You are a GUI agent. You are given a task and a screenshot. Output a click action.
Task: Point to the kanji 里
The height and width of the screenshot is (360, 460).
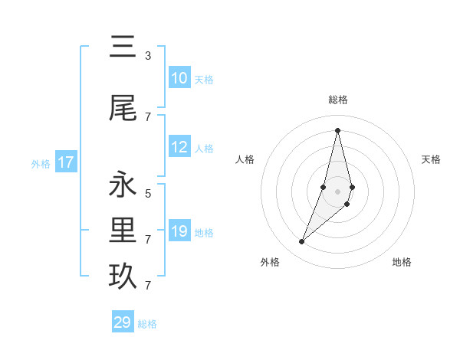(123, 231)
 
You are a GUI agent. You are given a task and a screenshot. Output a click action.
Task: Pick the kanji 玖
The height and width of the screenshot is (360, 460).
(123, 277)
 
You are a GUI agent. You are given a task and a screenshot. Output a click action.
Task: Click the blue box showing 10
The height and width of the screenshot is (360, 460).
(179, 78)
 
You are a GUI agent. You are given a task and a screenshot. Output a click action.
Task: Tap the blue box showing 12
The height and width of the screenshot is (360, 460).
(179, 147)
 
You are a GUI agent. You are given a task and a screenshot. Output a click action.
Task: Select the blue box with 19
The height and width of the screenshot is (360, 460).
(179, 231)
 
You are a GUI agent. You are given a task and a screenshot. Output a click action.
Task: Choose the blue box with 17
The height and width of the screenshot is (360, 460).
(66, 162)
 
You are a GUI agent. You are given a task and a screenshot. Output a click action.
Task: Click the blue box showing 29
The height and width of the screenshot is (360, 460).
(123, 322)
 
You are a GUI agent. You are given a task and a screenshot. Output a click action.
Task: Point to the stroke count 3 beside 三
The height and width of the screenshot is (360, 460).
(148, 56)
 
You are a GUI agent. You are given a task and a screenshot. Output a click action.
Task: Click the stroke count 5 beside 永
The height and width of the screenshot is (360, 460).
(148, 194)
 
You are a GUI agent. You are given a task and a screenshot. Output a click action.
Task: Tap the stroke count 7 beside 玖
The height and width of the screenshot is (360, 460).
(148, 286)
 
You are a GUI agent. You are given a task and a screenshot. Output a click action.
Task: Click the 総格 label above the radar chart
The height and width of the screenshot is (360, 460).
(337, 100)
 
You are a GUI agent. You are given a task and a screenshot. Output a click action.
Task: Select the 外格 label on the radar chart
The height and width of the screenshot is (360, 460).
(270, 263)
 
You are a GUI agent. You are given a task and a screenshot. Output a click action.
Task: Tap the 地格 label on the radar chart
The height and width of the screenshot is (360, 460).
(402, 263)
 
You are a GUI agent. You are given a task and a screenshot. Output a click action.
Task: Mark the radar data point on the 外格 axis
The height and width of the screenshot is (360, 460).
(302, 242)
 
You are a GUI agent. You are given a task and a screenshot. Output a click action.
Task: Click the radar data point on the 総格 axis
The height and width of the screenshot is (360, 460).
(337, 130)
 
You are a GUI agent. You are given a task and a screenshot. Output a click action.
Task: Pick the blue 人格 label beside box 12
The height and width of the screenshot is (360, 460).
(204, 149)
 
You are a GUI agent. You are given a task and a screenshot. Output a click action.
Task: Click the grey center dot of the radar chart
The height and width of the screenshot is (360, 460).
(337, 191)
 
